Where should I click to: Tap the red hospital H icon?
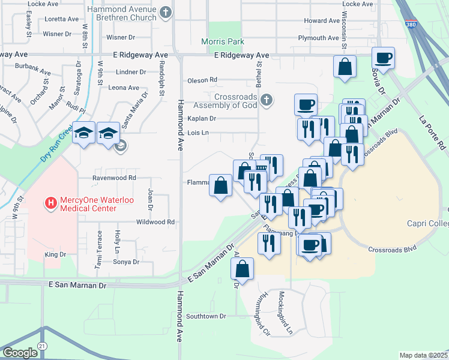50,203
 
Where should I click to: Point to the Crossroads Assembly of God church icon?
268,99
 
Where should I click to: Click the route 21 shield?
41,347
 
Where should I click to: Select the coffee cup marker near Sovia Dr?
383,59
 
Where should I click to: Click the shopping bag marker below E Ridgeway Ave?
345,68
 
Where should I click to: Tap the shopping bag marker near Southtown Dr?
241,269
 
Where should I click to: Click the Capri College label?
428,224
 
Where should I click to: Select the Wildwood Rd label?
155,221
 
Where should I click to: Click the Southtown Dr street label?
206,316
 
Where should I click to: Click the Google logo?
20,353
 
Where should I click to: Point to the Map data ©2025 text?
423,355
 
